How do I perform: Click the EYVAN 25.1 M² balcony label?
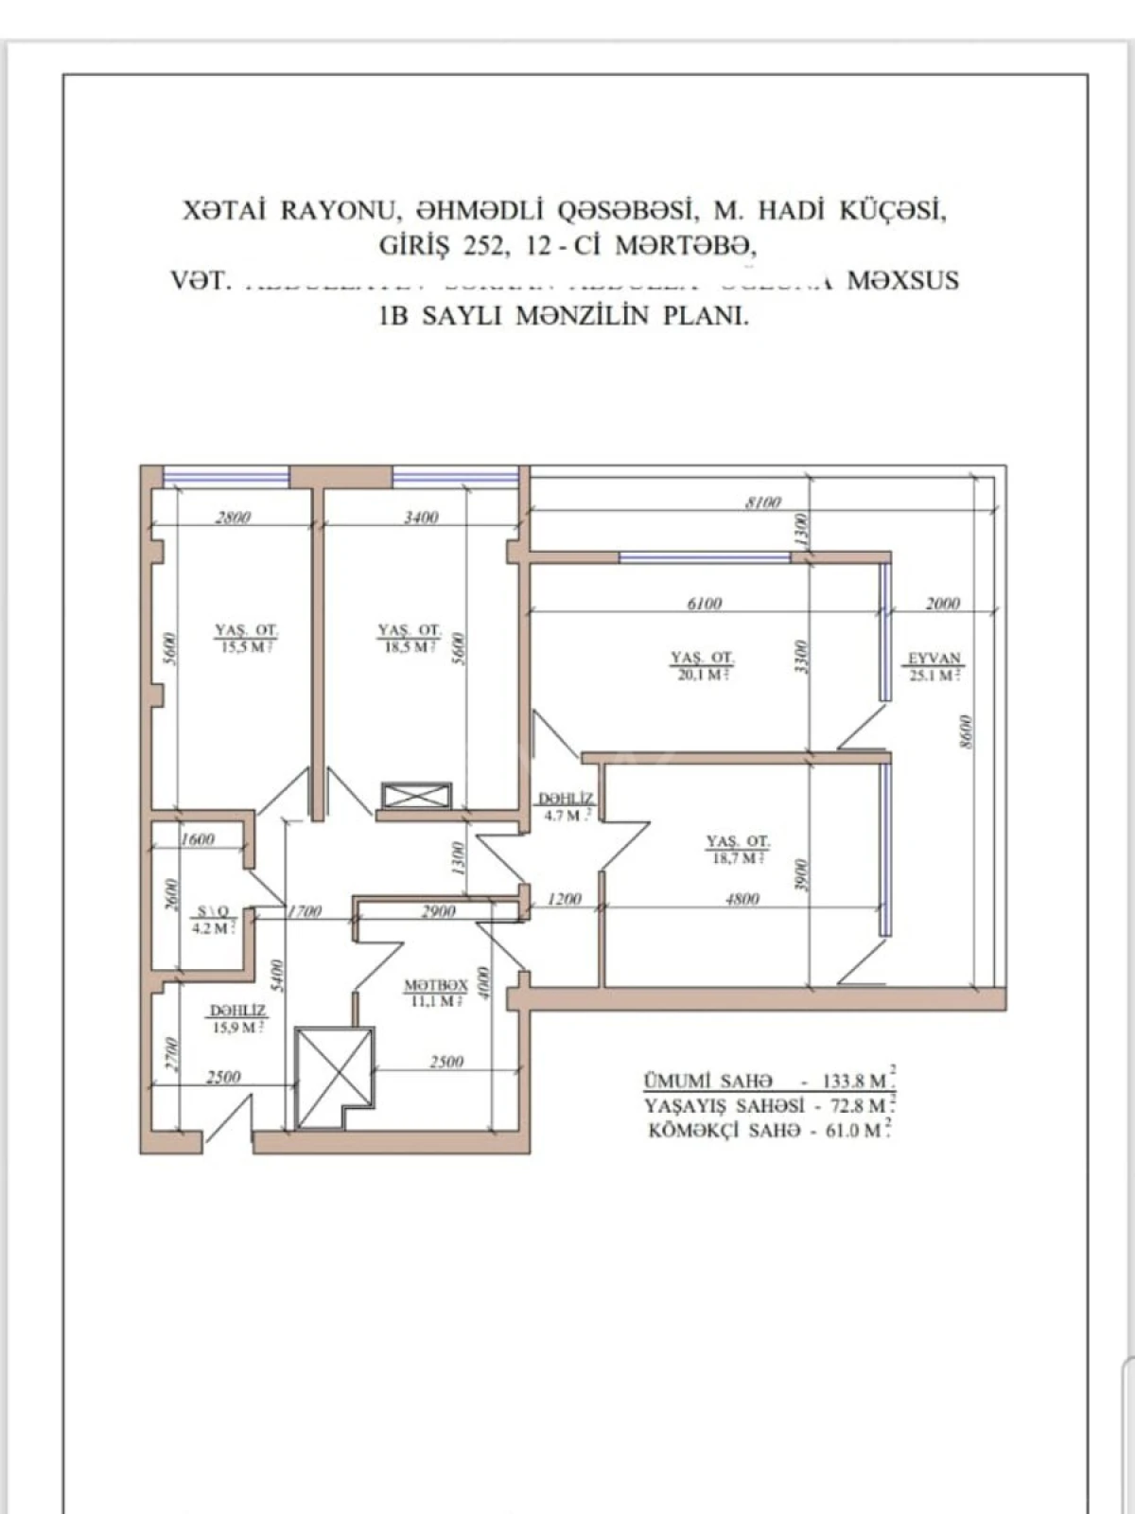coord(934,666)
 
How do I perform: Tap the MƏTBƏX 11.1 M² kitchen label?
coord(436,993)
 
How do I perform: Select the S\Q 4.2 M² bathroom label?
coord(213,920)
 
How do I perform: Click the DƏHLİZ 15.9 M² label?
coord(236,1018)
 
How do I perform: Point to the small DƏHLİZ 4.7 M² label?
coord(567,807)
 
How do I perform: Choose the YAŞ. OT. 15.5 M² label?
coord(246,639)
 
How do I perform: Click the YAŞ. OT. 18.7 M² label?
coord(738,849)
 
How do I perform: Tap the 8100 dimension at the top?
coord(763,502)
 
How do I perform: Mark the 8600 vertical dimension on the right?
coord(965,732)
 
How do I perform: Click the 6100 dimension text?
coord(703,604)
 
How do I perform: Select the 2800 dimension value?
coord(233,518)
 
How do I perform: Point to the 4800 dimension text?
coord(742,899)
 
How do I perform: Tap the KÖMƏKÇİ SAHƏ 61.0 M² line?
coord(768,1130)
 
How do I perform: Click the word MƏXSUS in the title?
coord(902,281)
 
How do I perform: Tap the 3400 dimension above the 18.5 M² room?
coord(420,518)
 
